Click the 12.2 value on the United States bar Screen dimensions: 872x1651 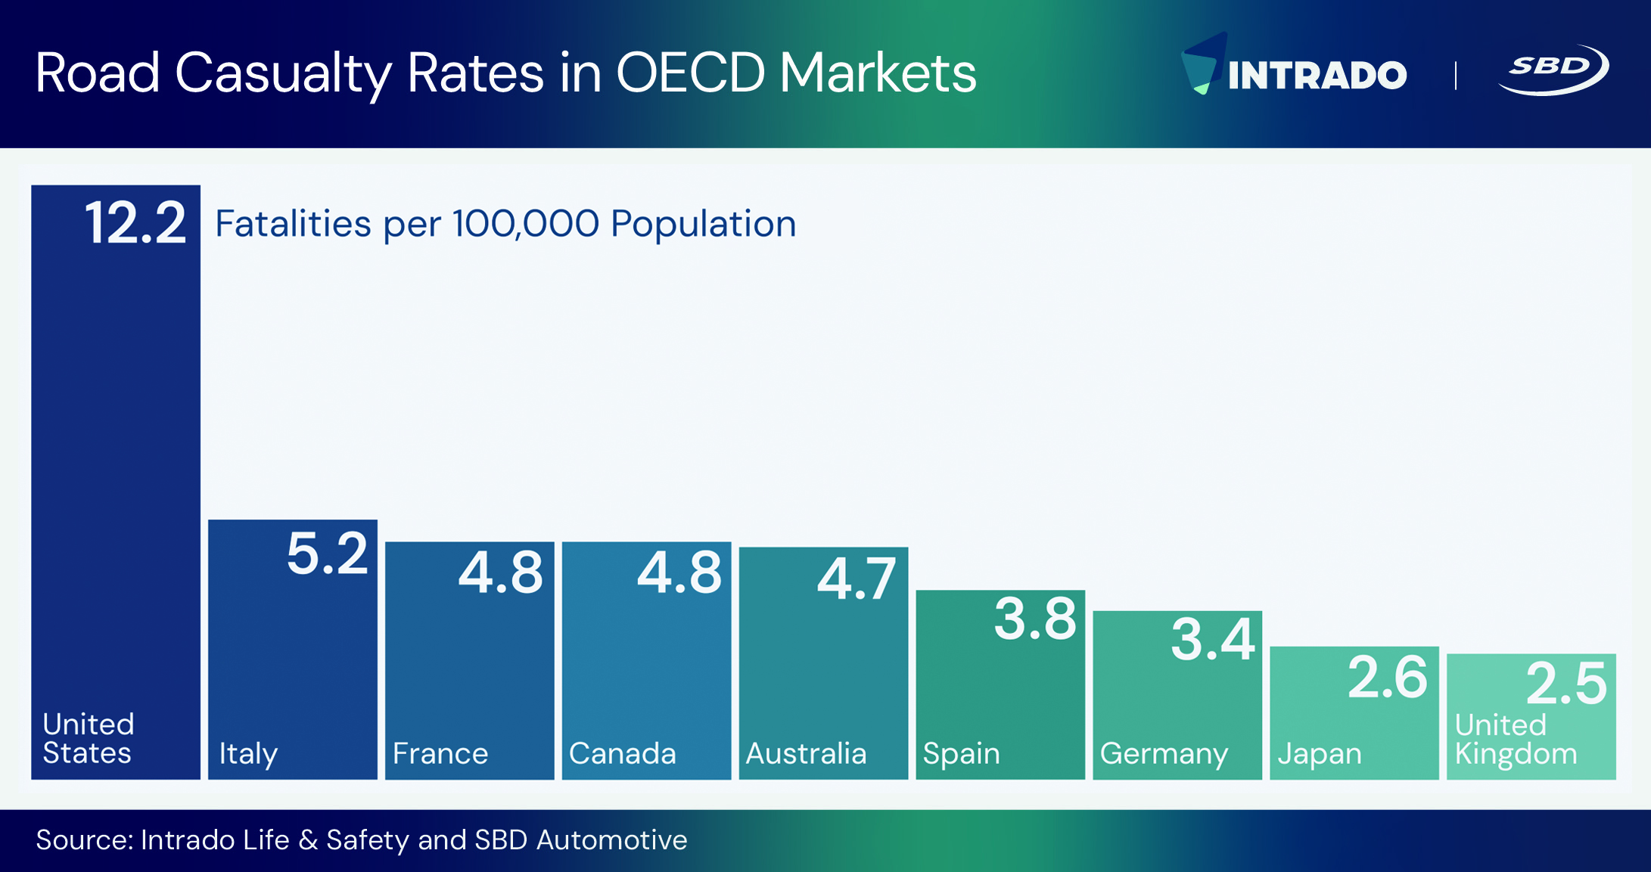[x=135, y=223]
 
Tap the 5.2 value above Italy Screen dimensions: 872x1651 [x=327, y=554]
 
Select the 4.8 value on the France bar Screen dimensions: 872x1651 [x=500, y=573]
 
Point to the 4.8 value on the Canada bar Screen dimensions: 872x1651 [x=679, y=573]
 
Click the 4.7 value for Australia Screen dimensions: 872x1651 [x=857, y=579]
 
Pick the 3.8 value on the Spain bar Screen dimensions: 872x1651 [x=1034, y=619]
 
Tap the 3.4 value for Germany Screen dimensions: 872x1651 [x=1213, y=640]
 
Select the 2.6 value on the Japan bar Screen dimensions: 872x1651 [x=1387, y=678]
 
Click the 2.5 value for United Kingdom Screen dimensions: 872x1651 [x=1565, y=684]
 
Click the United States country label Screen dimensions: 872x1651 [x=88, y=738]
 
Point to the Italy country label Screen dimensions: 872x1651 [x=248, y=754]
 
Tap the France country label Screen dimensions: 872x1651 [x=440, y=754]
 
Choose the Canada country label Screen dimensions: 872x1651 [x=622, y=754]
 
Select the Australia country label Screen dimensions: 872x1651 [x=806, y=754]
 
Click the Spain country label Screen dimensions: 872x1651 [x=961, y=754]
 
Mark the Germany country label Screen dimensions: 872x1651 [x=1164, y=754]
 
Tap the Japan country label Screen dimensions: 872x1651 [x=1320, y=754]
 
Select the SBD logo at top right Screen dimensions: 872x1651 [x=1553, y=70]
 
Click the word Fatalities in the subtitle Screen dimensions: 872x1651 [x=293, y=224]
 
